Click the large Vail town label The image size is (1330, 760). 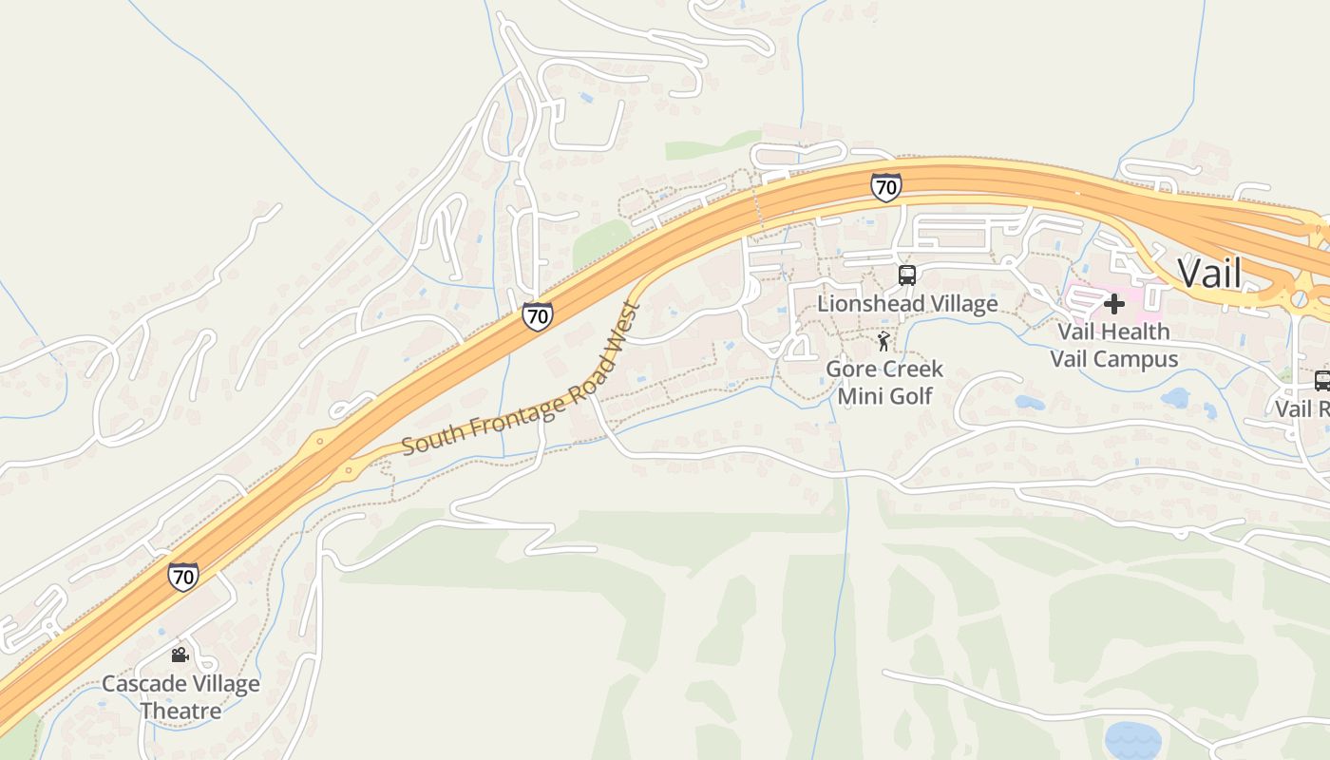click(x=1209, y=273)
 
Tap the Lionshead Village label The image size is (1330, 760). click(x=907, y=303)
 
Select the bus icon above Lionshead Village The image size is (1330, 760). click(x=907, y=275)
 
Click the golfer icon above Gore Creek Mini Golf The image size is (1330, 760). click(x=884, y=340)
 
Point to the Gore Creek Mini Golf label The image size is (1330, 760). click(x=884, y=381)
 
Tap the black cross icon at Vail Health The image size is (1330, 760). click(x=1113, y=304)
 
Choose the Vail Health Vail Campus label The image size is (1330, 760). click(x=1113, y=345)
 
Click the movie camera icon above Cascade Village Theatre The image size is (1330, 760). click(x=180, y=655)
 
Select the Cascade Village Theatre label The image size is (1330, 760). click(x=180, y=696)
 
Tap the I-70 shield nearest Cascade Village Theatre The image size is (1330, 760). click(x=183, y=576)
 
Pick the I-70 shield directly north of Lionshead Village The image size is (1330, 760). click(x=884, y=187)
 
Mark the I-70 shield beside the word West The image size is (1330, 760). click(x=537, y=316)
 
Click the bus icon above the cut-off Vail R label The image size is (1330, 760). click(x=1321, y=380)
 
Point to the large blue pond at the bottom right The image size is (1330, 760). click(x=1132, y=738)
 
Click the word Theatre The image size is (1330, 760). click(x=180, y=711)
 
